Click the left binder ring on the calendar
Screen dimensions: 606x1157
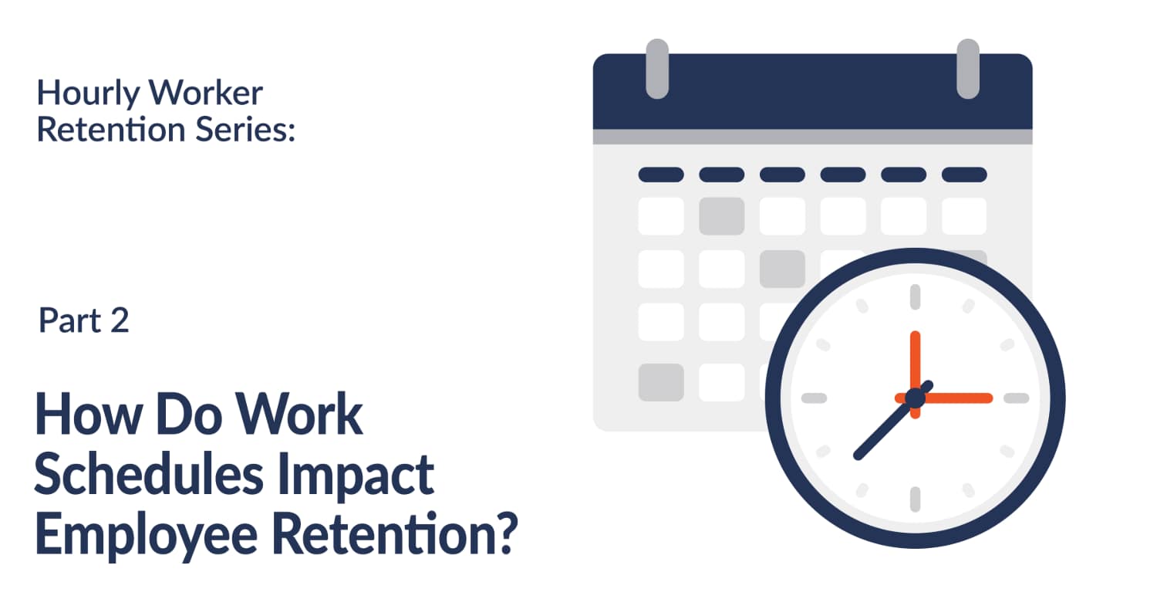point(656,69)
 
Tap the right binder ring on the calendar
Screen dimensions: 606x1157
point(967,69)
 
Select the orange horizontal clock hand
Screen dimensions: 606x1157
point(956,398)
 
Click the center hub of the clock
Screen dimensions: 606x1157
point(916,398)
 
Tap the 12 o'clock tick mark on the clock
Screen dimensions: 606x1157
point(916,297)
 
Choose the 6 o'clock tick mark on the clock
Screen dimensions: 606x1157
point(916,499)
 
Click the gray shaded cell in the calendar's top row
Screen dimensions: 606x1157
point(721,216)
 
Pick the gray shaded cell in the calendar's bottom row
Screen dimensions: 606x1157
point(661,382)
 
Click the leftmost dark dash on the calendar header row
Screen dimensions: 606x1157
point(661,174)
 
